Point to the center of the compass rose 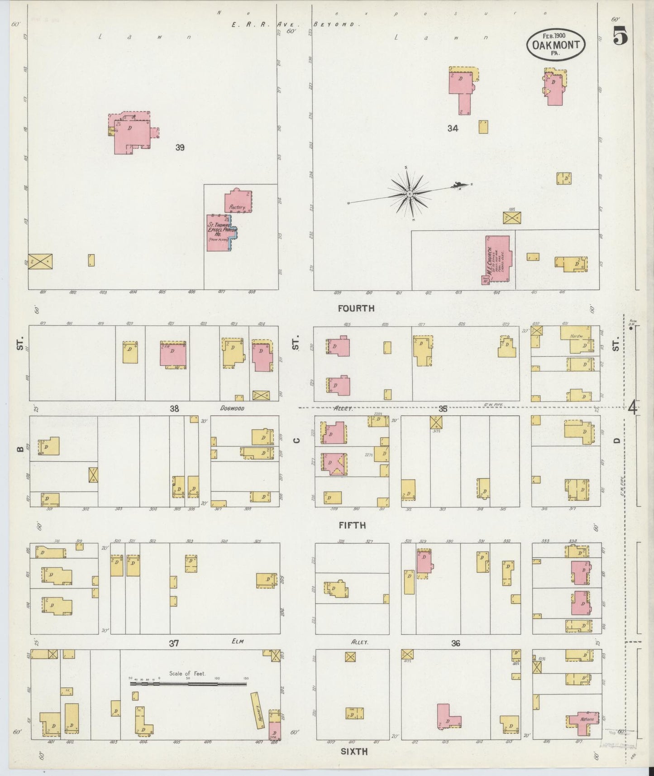click(409, 194)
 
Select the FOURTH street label click(356, 308)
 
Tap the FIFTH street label click(352, 525)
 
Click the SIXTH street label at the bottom click(354, 752)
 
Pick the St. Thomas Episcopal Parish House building click(220, 233)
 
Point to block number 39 click(180, 148)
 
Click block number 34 click(453, 129)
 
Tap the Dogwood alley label click(232, 408)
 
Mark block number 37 click(174, 643)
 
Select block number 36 click(455, 643)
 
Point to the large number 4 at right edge click(632, 408)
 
